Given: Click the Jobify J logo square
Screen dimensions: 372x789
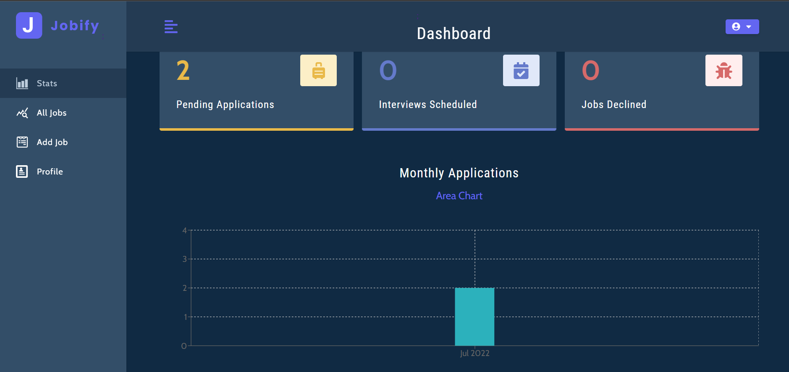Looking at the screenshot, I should pyautogui.click(x=29, y=26).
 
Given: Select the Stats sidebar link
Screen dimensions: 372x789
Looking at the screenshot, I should pyautogui.click(x=47, y=83).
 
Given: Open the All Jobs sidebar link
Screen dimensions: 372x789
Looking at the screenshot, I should pyautogui.click(x=51, y=113).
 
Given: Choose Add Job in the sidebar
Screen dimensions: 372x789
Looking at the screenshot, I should pyautogui.click(x=52, y=142).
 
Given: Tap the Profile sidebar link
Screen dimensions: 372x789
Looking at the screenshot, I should pyautogui.click(x=50, y=171).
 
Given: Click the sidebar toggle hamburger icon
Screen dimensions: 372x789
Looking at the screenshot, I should pyautogui.click(x=171, y=27).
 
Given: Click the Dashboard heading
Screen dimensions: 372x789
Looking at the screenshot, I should pyautogui.click(x=453, y=34).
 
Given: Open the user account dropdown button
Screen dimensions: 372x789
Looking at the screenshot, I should pyautogui.click(x=742, y=26).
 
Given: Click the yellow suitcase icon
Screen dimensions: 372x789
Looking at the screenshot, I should pyautogui.click(x=318, y=71).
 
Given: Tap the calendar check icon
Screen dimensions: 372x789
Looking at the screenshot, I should pyautogui.click(x=521, y=71).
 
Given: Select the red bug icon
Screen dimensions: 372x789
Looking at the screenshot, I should pyautogui.click(x=723, y=71).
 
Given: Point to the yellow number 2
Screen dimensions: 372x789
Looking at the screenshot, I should pyautogui.click(x=183, y=71).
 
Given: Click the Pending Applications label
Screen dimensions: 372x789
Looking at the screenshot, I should pyautogui.click(x=225, y=105).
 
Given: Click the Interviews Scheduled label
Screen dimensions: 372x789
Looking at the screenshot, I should pyautogui.click(x=427, y=105).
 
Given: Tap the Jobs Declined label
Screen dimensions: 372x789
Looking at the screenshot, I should pyautogui.click(x=613, y=105).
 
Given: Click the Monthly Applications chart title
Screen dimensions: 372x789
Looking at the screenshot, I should pyautogui.click(x=459, y=173).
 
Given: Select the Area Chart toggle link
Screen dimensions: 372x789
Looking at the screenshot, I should pyautogui.click(x=459, y=196).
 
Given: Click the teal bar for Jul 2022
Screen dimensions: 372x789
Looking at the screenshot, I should pyautogui.click(x=474, y=317).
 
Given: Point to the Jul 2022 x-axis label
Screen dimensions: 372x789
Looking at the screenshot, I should pyautogui.click(x=474, y=354).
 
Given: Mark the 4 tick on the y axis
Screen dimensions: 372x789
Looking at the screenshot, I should pyautogui.click(x=184, y=230).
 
